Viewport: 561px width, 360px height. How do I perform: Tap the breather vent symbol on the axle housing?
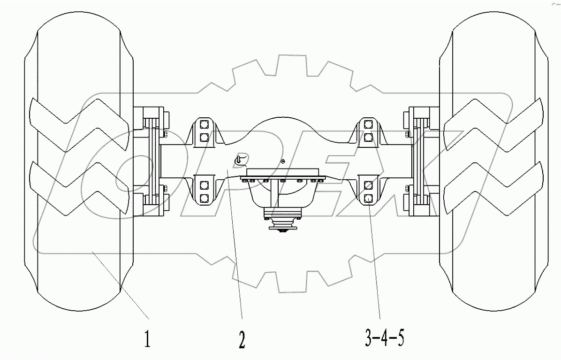click(239, 160)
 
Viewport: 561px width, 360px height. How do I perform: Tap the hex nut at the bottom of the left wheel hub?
click(165, 189)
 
